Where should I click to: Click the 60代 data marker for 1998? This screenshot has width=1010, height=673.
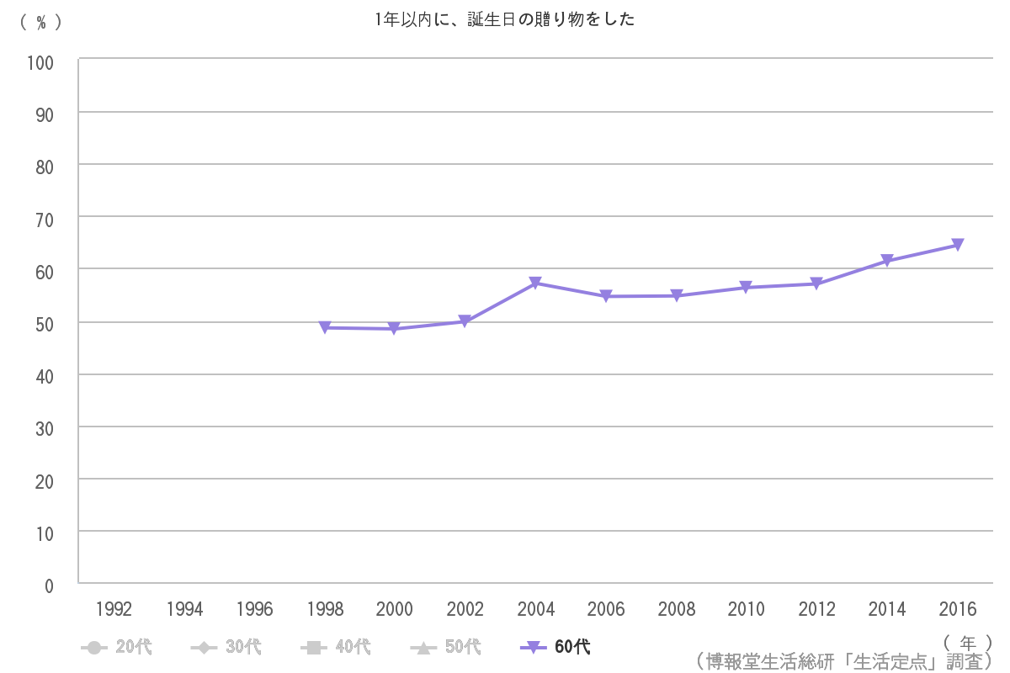click(325, 327)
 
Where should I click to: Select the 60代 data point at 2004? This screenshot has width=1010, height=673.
click(535, 284)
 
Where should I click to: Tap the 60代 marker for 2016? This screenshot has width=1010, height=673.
click(957, 245)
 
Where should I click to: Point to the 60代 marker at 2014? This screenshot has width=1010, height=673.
click(887, 261)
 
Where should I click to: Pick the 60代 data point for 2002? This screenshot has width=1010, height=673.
click(465, 321)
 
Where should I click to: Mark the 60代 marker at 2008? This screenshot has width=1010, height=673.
click(676, 295)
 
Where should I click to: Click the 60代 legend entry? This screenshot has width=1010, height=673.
click(555, 647)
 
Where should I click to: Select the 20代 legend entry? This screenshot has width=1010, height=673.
click(117, 647)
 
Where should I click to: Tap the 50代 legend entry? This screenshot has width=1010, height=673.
click(445, 647)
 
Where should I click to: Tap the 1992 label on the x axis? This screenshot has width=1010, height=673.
click(114, 609)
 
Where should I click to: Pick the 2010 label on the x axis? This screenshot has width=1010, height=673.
click(746, 609)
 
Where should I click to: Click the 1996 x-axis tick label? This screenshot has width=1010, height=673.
click(254, 609)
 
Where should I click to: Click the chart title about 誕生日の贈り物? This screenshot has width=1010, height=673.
click(505, 19)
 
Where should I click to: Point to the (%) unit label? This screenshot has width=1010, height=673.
click(40, 23)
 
